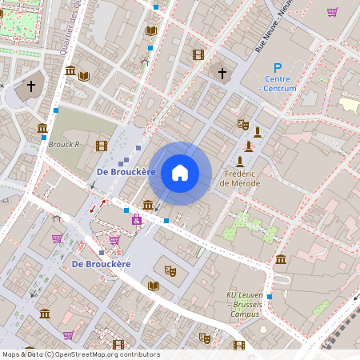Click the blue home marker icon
[x=180, y=173]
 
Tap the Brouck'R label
[x=64, y=145]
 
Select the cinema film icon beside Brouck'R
[x=101, y=146]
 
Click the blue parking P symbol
[x=278, y=70]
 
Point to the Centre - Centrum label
[x=280, y=84]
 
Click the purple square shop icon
[x=137, y=219]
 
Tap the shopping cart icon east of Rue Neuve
[x=332, y=12]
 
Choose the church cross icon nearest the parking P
[x=222, y=73]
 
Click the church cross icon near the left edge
[x=31, y=86]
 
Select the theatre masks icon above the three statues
[x=243, y=124]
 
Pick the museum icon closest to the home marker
[x=147, y=205]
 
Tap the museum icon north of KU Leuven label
[x=281, y=259]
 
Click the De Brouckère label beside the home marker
[x=124, y=172]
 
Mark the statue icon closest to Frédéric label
[x=239, y=162]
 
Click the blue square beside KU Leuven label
[x=270, y=296]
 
